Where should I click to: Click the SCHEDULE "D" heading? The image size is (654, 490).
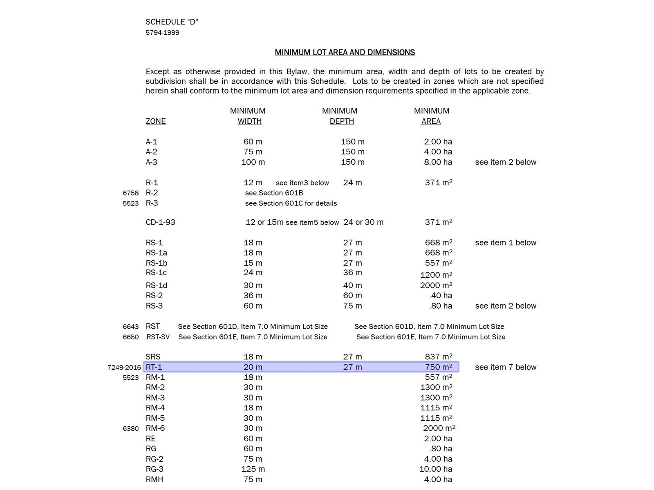172,22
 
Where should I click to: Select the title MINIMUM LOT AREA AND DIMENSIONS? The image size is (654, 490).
345,52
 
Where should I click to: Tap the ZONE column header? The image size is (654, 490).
155,121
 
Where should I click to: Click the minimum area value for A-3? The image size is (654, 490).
438,162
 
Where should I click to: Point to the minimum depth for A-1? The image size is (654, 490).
352,142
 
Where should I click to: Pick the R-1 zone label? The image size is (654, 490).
152,183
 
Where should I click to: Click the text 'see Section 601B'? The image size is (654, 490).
274,193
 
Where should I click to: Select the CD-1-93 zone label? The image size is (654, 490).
160,222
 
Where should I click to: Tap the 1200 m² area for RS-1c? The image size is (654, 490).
436,275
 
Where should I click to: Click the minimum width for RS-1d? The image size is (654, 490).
253,285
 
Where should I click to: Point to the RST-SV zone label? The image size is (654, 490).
158,337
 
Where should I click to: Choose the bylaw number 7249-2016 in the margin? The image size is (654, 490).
124,367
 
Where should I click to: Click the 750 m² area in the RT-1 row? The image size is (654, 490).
438,367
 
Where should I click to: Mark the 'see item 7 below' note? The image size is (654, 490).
506,367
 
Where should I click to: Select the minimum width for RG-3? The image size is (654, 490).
253,469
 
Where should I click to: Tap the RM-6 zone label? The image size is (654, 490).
155,428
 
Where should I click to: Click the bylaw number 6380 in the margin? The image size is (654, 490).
130,429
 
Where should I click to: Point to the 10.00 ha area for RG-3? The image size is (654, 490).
435,469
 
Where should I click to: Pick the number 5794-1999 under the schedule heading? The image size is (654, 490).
162,33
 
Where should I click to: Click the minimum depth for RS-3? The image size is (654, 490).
352,306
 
